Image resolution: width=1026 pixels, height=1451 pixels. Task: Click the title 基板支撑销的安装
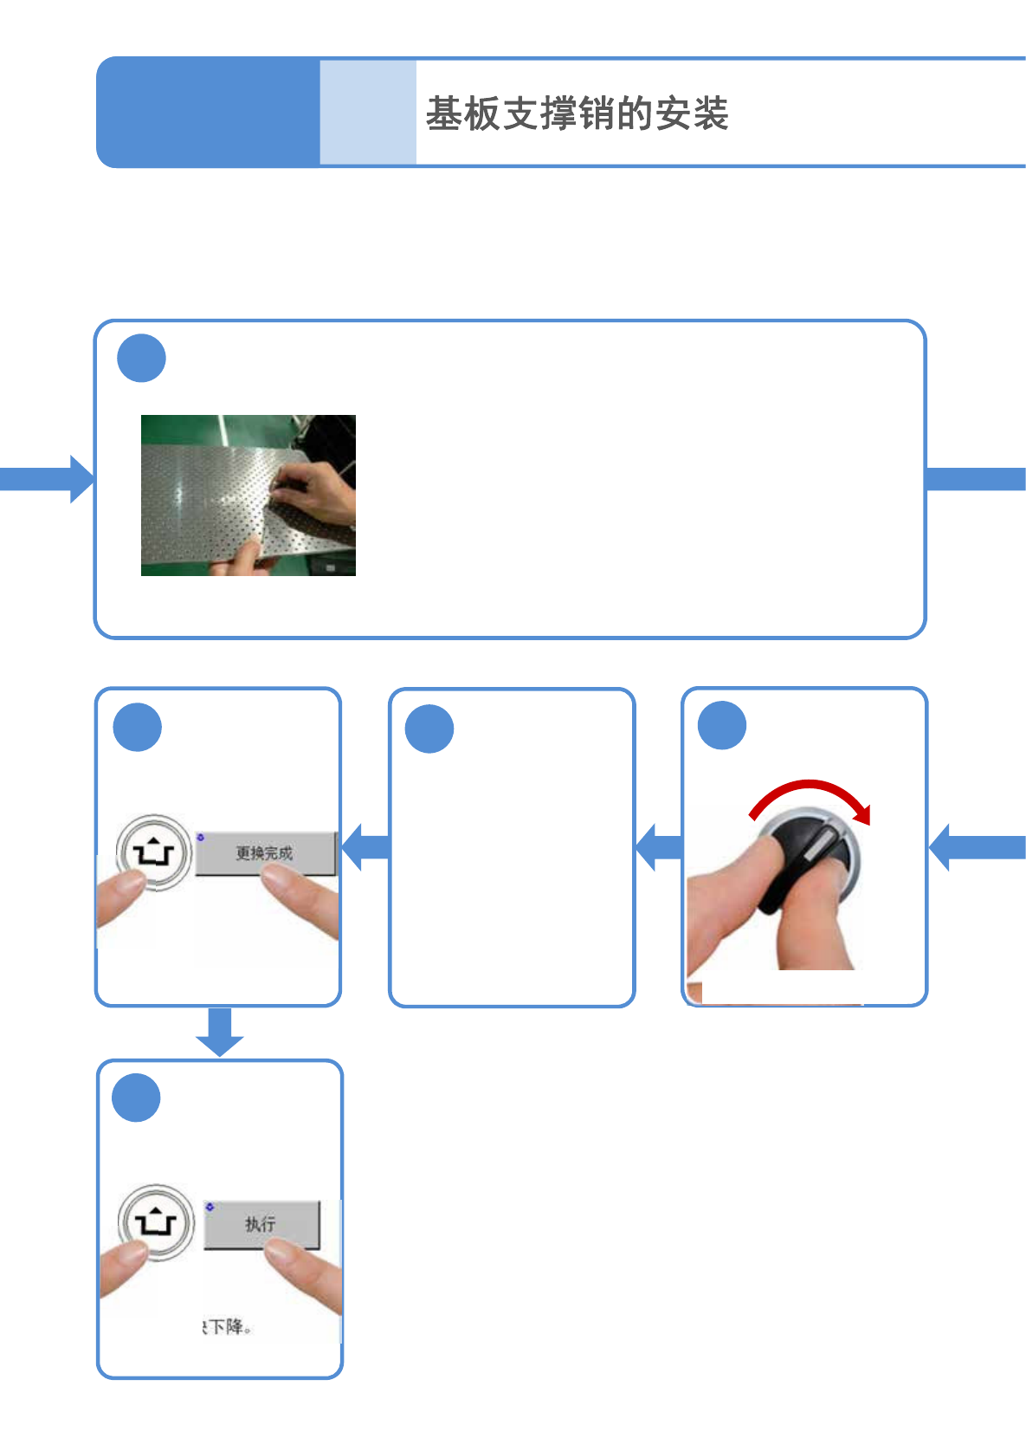(577, 113)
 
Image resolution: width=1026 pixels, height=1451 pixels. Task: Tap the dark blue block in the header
(208, 113)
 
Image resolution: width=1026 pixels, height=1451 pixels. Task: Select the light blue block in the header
(368, 113)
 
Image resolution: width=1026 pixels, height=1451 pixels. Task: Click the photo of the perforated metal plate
(248, 496)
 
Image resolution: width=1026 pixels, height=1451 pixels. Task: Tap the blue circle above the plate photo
(141, 358)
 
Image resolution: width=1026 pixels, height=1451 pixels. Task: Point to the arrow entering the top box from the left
(48, 479)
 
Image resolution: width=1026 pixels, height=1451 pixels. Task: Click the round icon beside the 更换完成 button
(154, 852)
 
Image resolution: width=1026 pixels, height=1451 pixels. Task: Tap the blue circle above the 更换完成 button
(138, 727)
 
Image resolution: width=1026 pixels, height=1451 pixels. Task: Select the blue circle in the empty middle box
(429, 729)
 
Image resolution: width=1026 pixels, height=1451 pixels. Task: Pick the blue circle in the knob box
(722, 725)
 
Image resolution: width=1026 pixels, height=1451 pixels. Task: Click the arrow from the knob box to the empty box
(660, 846)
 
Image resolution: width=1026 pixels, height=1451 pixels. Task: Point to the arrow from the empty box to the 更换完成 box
(366, 846)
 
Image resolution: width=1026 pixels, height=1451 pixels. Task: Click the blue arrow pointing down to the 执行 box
(220, 1032)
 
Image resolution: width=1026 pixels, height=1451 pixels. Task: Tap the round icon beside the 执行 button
(156, 1222)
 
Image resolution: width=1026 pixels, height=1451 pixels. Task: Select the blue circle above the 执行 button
(137, 1098)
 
